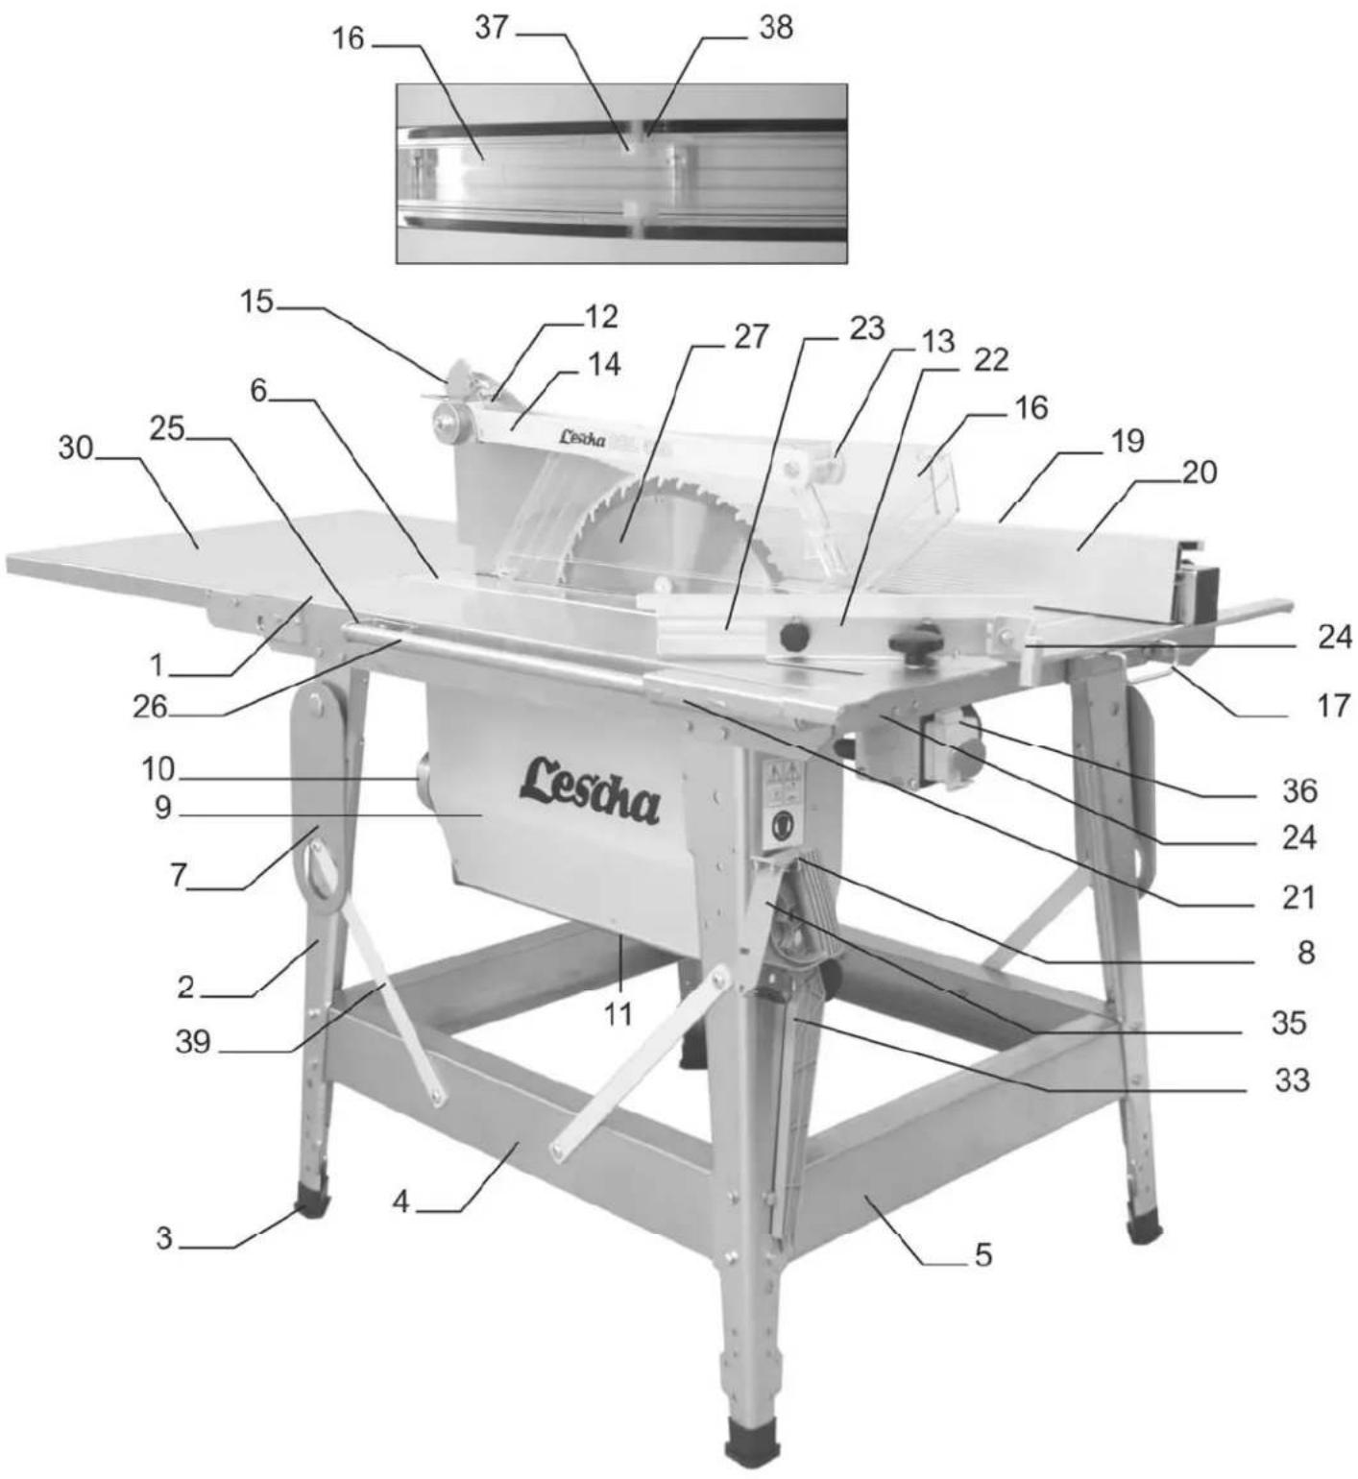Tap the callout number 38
pyautogui.click(x=776, y=28)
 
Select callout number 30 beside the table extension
pyautogui.click(x=77, y=449)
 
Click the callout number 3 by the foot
pyautogui.click(x=165, y=1239)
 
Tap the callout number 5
pyautogui.click(x=983, y=1255)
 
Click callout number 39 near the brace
pyautogui.click(x=193, y=1042)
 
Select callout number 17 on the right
pyautogui.click(x=1332, y=707)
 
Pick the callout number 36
pyautogui.click(x=1299, y=790)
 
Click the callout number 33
pyautogui.click(x=1293, y=1079)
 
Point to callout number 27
pyautogui.click(x=752, y=338)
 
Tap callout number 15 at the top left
pyautogui.click(x=257, y=303)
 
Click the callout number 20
pyautogui.click(x=1200, y=473)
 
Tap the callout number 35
pyautogui.click(x=1288, y=1023)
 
